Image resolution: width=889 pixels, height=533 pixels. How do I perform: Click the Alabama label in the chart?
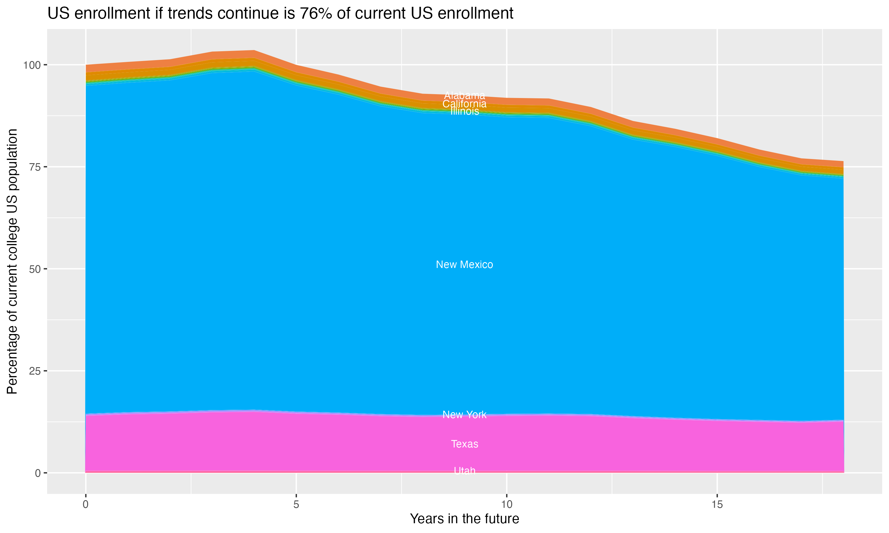(x=464, y=96)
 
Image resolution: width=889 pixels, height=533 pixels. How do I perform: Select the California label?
(x=464, y=104)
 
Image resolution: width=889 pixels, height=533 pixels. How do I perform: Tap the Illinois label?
(x=464, y=111)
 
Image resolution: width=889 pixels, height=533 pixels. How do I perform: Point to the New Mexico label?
(x=464, y=264)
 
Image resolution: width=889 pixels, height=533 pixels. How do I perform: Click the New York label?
(x=464, y=415)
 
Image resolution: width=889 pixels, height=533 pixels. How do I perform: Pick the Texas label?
(x=464, y=444)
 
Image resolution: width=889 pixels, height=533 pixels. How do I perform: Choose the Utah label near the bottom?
(x=464, y=471)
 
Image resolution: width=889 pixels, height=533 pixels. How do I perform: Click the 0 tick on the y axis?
(x=38, y=473)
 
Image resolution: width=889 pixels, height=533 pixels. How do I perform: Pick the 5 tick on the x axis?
(x=296, y=505)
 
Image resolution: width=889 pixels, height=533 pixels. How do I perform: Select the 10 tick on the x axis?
(x=506, y=505)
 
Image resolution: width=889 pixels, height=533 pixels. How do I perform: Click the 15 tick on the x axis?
(x=717, y=505)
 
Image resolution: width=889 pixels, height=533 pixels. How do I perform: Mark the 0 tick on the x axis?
(x=86, y=505)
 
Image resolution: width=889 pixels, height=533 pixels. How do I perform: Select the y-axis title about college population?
(x=12, y=261)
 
